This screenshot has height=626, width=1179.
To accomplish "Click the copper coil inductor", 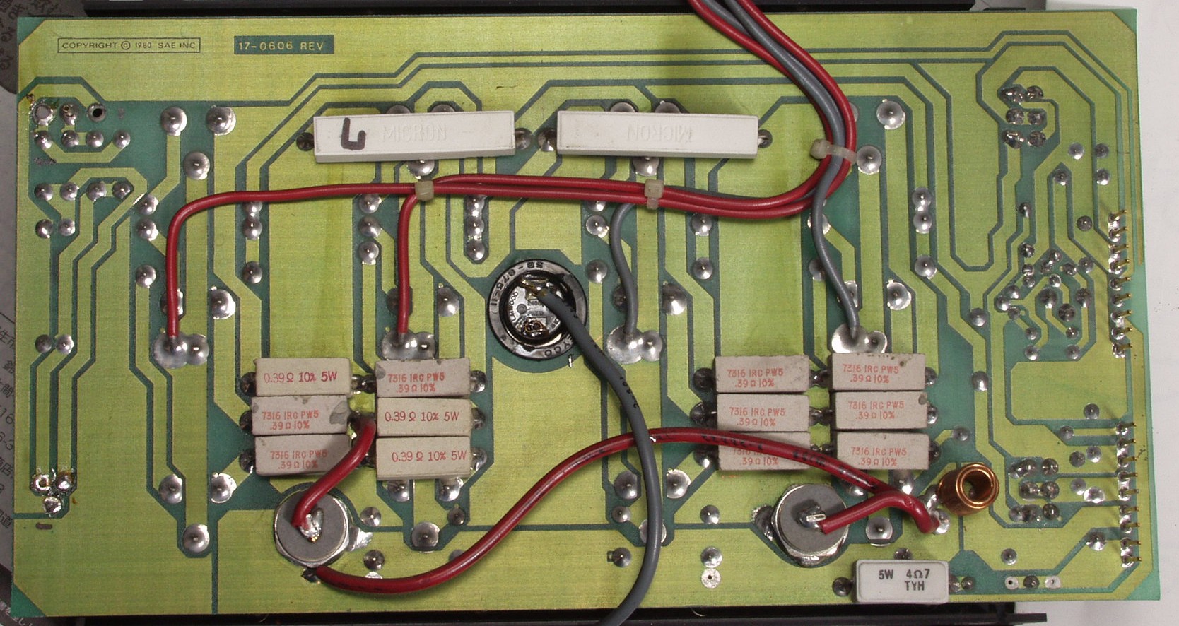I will (x=968, y=488).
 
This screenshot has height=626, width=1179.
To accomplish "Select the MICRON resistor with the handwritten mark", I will (x=414, y=136).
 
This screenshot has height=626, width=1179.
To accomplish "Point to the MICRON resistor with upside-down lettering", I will (x=657, y=132).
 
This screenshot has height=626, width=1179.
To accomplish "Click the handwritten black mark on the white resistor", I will (x=351, y=134).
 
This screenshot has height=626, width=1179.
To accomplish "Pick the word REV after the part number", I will (x=312, y=46).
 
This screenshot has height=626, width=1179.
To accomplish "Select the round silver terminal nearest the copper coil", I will (x=810, y=524).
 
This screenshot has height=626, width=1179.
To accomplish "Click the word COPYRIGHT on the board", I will (x=90, y=46).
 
